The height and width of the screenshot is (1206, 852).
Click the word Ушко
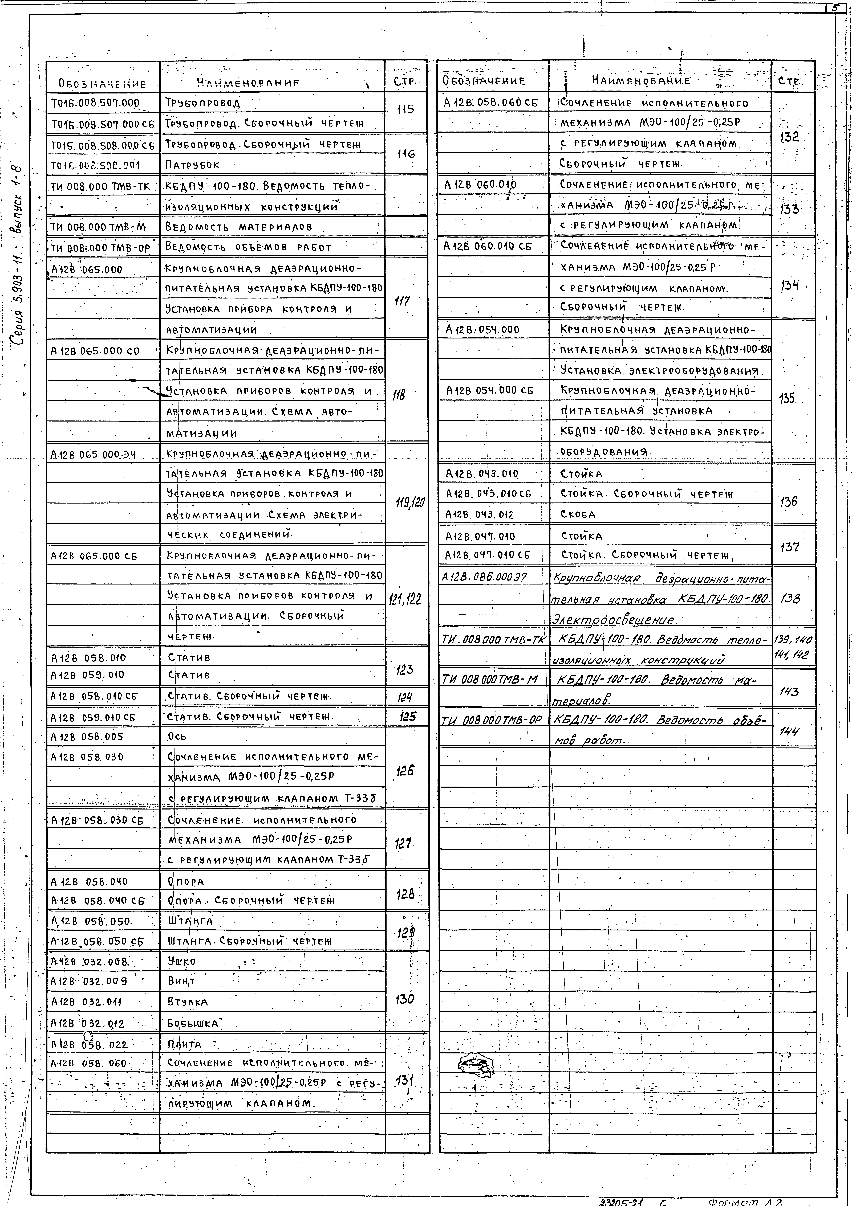[x=182, y=961]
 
